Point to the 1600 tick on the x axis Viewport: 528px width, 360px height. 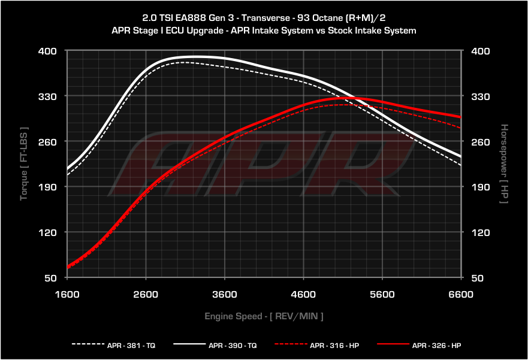tap(67, 294)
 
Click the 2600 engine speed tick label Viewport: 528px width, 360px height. tap(146, 294)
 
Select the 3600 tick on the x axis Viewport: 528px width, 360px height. tap(225, 294)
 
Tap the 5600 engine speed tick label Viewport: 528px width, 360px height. tap(382, 294)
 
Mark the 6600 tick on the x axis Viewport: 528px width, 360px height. tap(461, 294)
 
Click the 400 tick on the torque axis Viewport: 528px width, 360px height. tap(47, 51)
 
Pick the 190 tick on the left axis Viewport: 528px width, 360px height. tap(47, 187)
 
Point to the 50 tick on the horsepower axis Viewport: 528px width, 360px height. tap(480, 278)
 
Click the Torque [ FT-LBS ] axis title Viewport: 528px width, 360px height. tap(24, 164)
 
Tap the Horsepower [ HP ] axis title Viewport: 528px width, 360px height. tap(504, 164)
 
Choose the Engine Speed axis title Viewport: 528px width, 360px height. tap(264, 316)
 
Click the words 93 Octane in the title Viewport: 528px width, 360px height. tap(312, 18)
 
